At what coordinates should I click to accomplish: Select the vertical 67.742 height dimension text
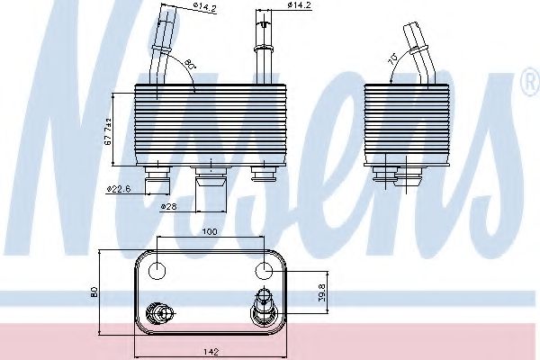click(107, 130)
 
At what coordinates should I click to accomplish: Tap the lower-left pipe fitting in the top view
click(162, 313)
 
